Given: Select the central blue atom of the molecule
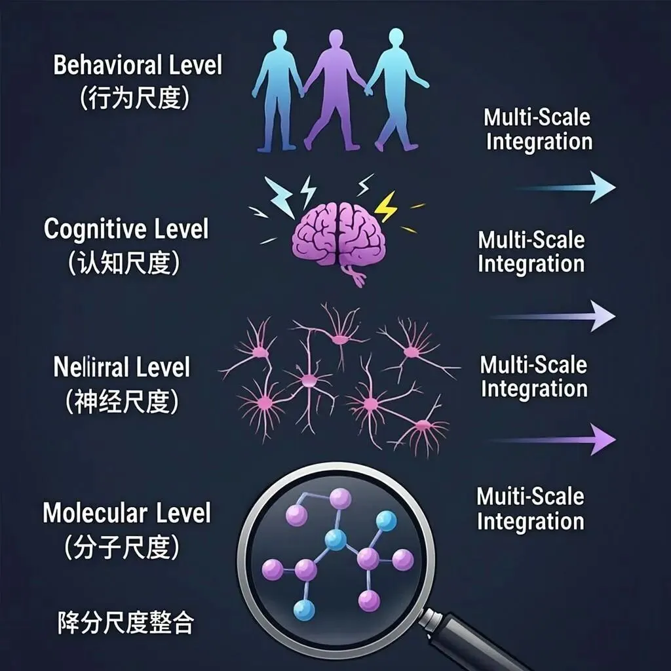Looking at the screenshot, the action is point(335,540).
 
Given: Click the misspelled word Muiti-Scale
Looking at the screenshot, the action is point(529,496).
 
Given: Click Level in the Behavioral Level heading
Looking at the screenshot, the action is point(194,66).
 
